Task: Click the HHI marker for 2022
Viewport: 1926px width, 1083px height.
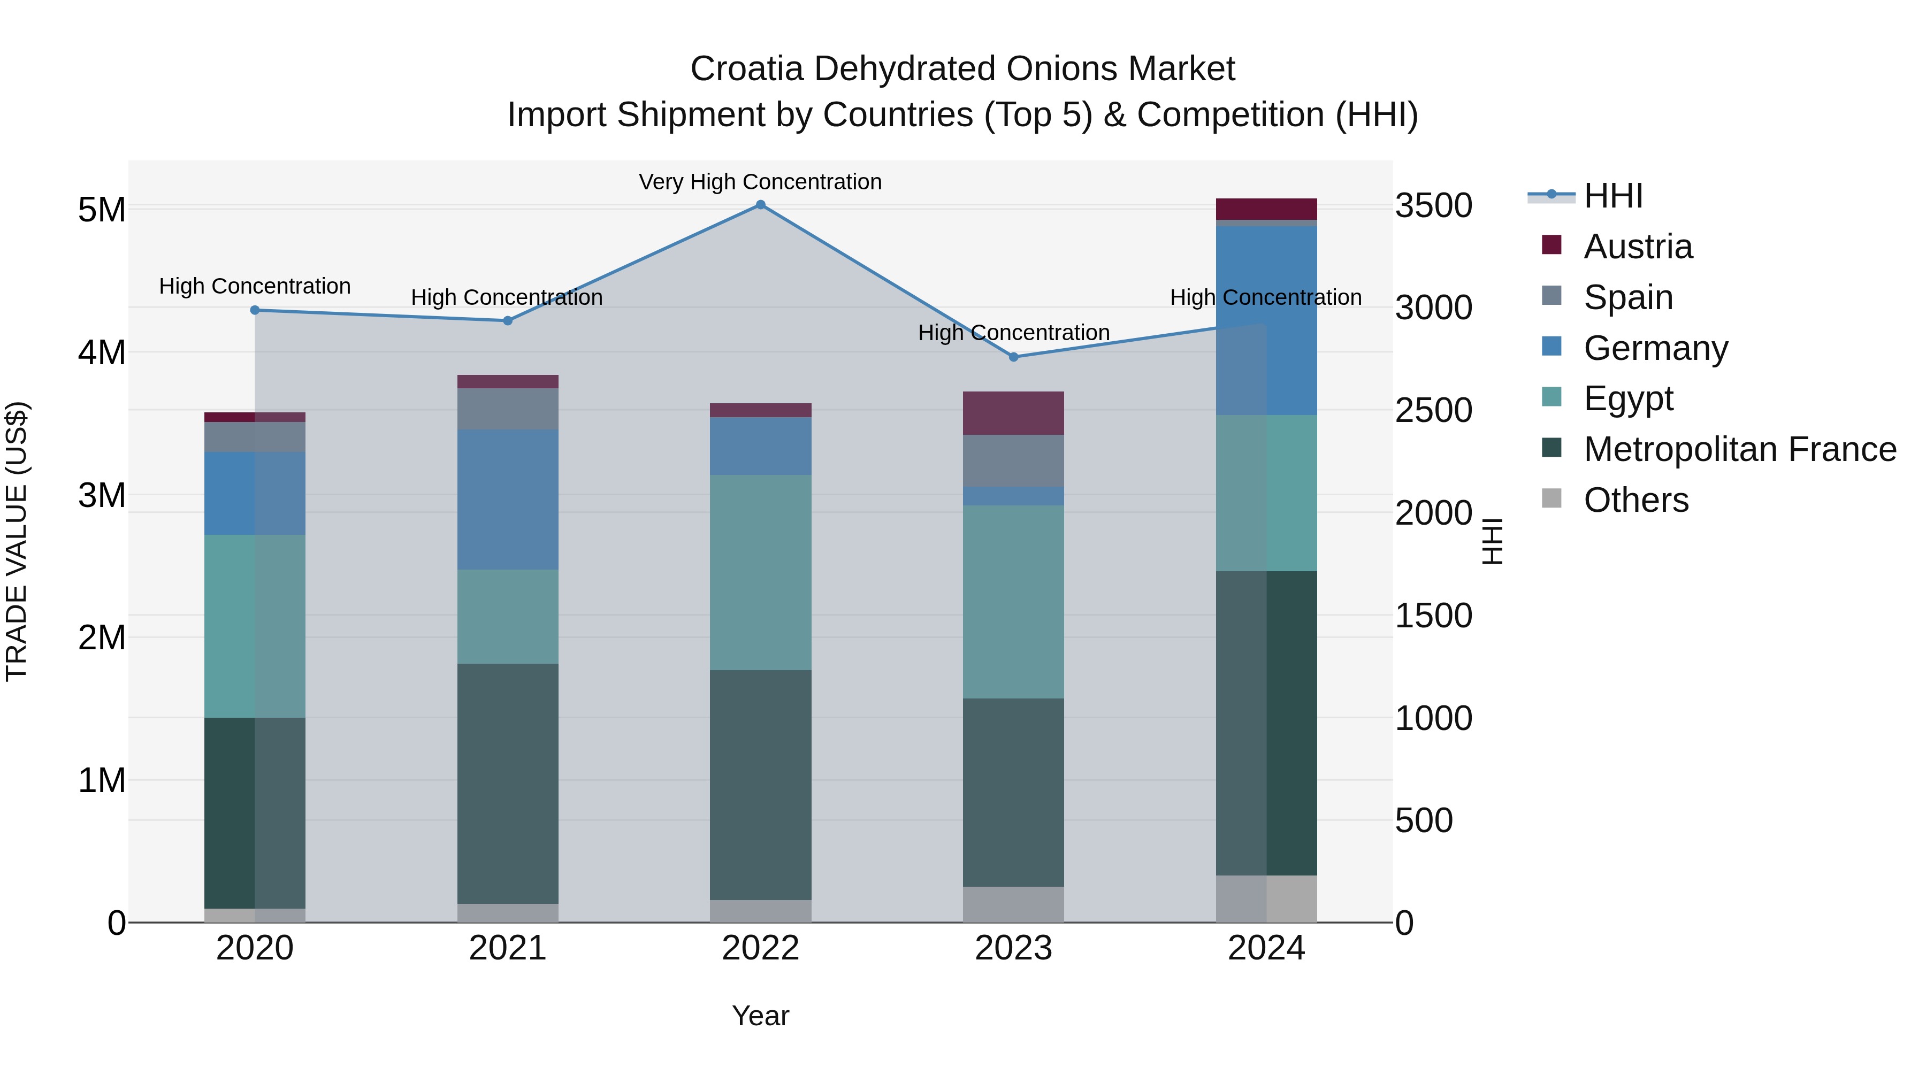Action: point(760,205)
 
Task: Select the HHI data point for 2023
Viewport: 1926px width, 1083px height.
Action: point(1014,357)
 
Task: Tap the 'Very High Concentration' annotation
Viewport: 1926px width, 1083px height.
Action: point(760,182)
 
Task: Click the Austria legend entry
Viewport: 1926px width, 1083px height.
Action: point(1638,247)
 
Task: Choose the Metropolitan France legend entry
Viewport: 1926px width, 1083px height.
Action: point(1739,449)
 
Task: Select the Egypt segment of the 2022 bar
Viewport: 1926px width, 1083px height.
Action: point(760,572)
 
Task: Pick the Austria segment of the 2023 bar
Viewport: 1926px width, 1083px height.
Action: point(1014,413)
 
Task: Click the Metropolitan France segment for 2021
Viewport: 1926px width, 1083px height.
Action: point(508,784)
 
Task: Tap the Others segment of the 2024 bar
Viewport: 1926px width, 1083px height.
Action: point(1266,898)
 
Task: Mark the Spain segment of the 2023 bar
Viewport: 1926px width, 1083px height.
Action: point(1014,461)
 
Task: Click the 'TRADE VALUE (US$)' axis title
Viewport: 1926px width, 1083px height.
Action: point(17,541)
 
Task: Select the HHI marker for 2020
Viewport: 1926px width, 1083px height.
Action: point(255,310)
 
